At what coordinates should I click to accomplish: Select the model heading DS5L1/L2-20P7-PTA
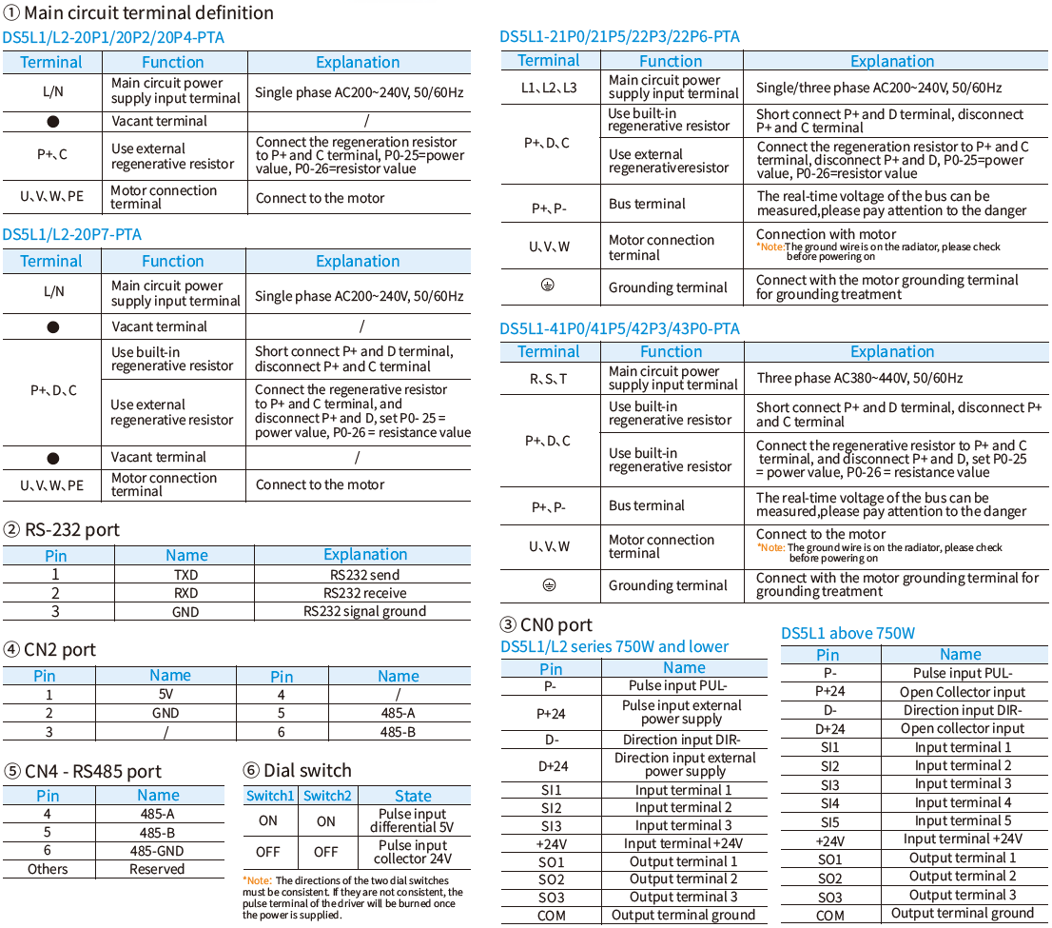click(72, 234)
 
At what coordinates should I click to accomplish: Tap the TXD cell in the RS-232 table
click(185, 575)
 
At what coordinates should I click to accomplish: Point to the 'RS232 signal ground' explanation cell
click(364, 611)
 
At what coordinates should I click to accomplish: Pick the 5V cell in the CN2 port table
click(166, 695)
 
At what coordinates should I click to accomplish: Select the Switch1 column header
click(270, 796)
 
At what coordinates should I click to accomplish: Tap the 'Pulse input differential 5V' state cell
click(412, 820)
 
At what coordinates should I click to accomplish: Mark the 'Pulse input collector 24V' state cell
click(412, 852)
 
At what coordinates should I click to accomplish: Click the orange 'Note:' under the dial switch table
click(257, 881)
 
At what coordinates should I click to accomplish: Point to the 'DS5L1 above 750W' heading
click(847, 633)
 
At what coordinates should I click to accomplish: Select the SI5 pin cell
click(829, 821)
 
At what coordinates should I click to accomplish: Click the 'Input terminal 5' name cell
click(963, 820)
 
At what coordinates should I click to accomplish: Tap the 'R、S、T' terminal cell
click(549, 379)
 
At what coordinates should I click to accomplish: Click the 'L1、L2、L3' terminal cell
click(550, 88)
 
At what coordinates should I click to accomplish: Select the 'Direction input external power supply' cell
click(684, 764)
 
